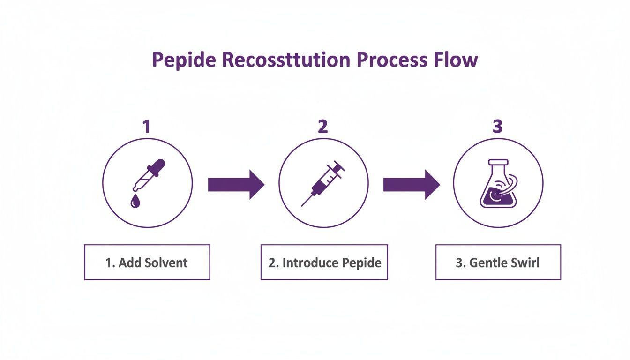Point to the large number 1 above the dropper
146,127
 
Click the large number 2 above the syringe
322,127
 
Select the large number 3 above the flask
498,127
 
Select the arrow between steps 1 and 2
236,184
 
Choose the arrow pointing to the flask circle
411,184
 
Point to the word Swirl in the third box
524,262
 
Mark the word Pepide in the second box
361,262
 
